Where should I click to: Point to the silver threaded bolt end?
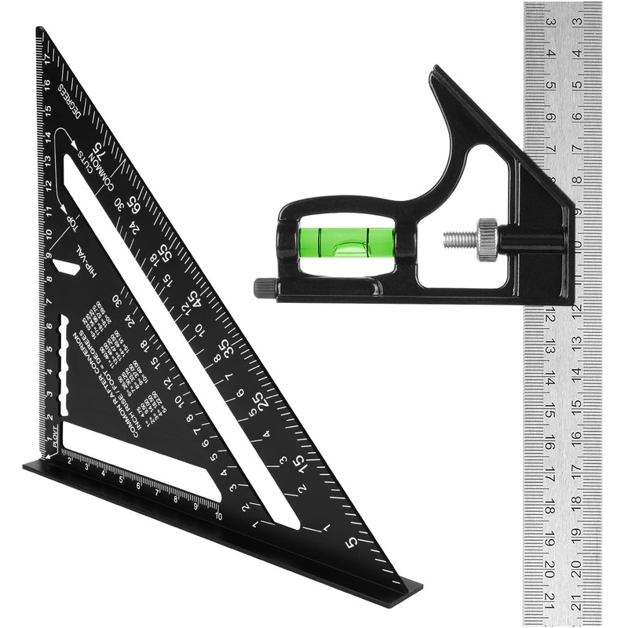(459, 237)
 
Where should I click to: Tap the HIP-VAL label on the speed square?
(93, 259)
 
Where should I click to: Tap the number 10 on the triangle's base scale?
(217, 515)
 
